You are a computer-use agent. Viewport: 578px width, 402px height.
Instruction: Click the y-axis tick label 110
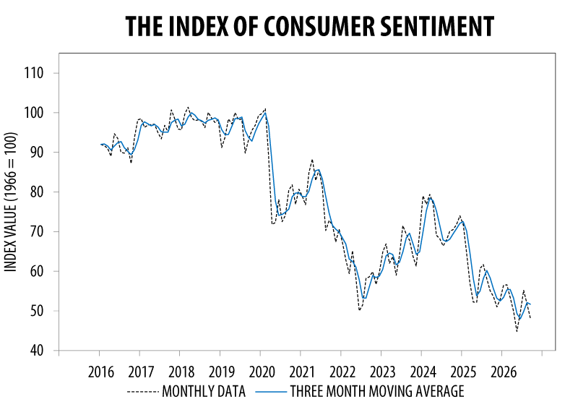[34, 73]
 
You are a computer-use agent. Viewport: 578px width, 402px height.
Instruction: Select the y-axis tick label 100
[34, 113]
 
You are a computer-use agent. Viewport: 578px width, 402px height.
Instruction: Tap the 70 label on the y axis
[36, 231]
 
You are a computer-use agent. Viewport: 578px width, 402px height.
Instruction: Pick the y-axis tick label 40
[36, 351]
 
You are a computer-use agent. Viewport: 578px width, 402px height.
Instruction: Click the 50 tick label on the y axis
[36, 311]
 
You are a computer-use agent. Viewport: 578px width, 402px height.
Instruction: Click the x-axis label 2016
[101, 372]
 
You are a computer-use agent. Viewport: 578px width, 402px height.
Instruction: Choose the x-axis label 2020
[262, 372]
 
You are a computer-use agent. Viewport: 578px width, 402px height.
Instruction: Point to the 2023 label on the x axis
[383, 372]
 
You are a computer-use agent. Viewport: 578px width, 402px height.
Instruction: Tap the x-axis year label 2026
[504, 372]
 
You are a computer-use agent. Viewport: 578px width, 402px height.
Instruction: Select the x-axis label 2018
[181, 372]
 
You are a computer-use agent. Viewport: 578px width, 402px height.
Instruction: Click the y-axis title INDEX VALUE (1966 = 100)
[11, 202]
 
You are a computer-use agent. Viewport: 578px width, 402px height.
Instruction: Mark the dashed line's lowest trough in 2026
[517, 331]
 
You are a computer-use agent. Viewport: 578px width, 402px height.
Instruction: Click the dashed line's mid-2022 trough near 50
[359, 309]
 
